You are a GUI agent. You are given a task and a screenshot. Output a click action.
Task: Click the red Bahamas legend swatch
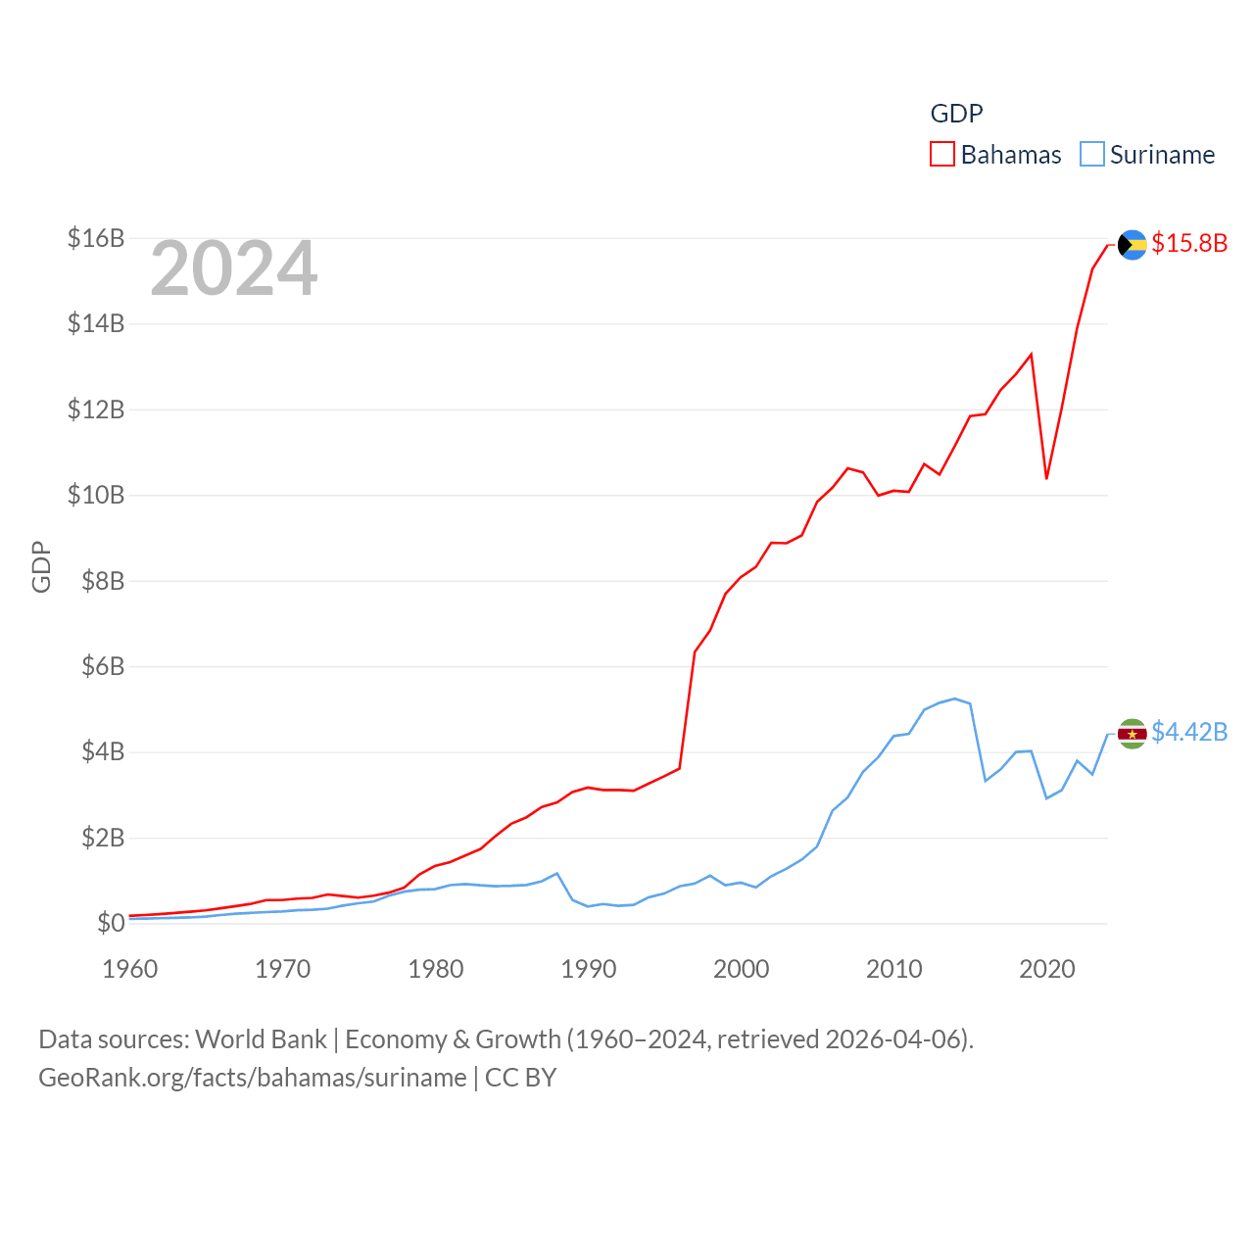[941, 155]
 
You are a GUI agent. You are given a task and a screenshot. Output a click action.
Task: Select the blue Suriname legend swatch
[1091, 155]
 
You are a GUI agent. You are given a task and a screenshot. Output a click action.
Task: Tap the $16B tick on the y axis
[96, 238]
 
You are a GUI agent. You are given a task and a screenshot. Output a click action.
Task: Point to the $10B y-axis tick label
[96, 495]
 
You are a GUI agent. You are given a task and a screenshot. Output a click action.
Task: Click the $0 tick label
[111, 923]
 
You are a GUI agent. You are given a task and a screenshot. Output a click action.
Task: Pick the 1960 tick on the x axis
[130, 969]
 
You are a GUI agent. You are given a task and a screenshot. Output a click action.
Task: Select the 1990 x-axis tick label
[589, 969]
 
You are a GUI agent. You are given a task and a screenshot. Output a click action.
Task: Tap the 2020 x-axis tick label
[1047, 969]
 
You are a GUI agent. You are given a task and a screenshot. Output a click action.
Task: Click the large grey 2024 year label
[234, 268]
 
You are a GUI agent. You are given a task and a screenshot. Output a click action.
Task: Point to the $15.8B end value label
[1189, 243]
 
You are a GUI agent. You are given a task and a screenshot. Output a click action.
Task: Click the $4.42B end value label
[1189, 732]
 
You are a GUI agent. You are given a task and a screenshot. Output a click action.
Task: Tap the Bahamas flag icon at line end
[1132, 245]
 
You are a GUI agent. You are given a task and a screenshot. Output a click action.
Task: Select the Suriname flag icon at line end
[1132, 734]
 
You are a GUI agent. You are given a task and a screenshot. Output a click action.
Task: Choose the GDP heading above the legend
[956, 114]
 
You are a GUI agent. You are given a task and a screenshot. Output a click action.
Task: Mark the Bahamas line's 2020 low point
[1046, 478]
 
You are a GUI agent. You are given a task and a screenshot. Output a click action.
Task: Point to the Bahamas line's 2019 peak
[1032, 354]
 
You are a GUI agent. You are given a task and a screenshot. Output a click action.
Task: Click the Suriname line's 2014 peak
[954, 699]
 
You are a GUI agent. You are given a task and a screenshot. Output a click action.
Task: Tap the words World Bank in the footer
[262, 1038]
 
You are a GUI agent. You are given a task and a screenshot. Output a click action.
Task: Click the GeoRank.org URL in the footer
[253, 1078]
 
